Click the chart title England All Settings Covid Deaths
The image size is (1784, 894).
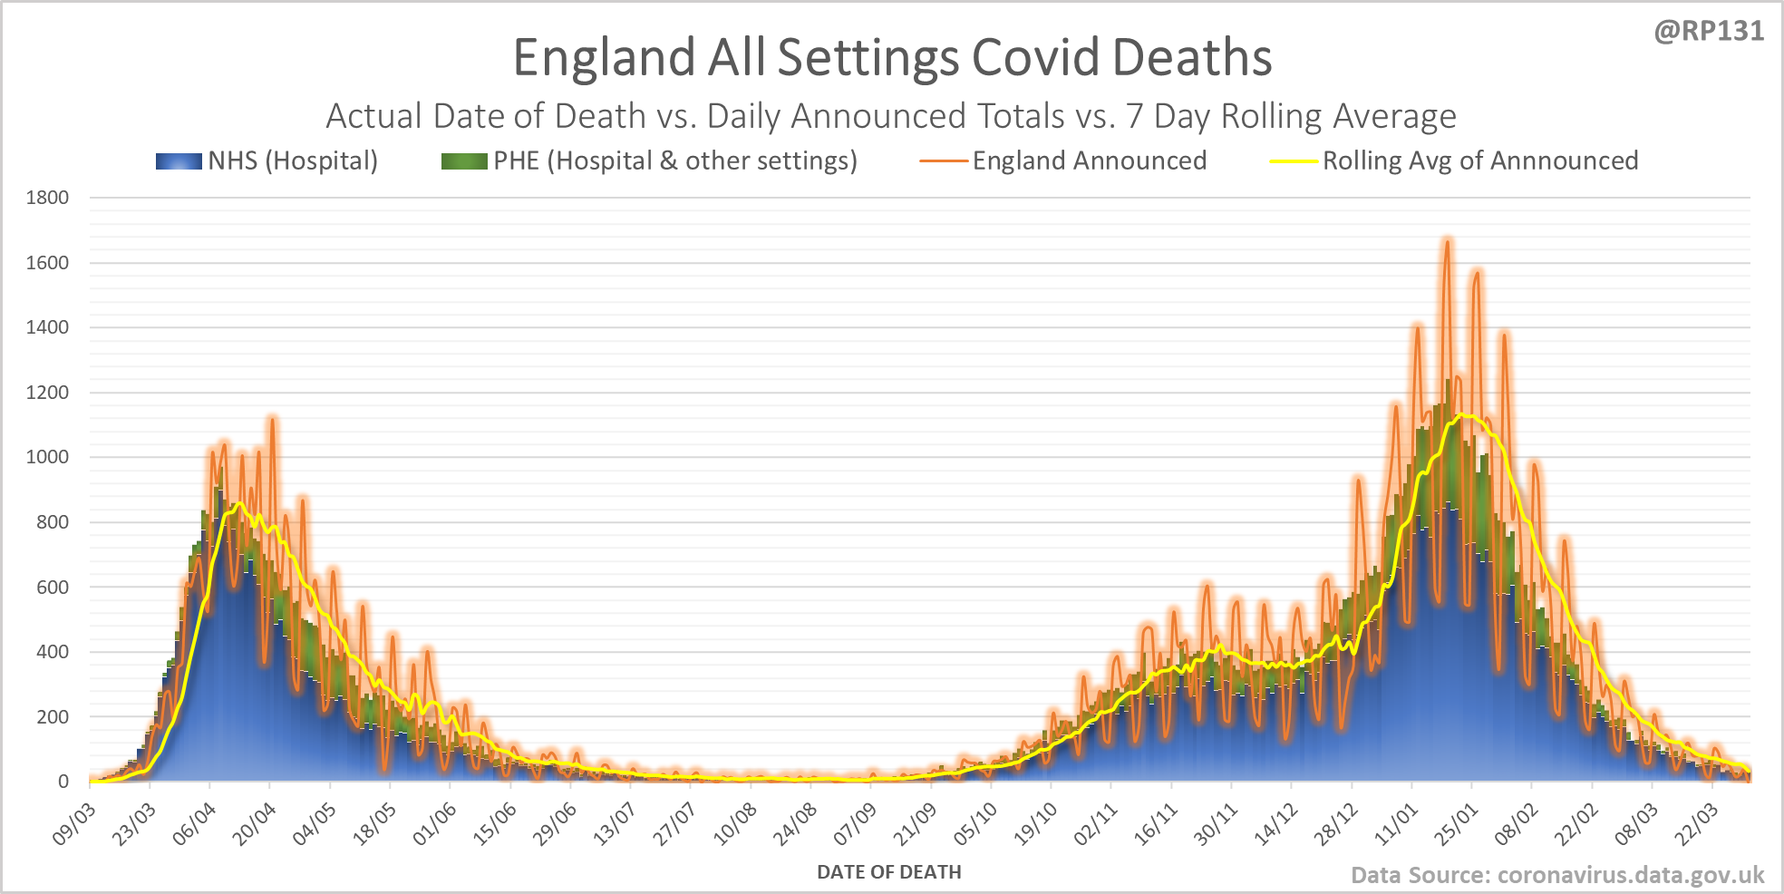pyautogui.click(x=892, y=57)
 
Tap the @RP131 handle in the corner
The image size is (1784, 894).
pyautogui.click(x=1709, y=32)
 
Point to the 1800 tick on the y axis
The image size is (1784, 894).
pyautogui.click(x=47, y=198)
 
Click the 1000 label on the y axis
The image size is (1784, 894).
pyautogui.click(x=47, y=457)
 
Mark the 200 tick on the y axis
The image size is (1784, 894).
pyautogui.click(x=51, y=717)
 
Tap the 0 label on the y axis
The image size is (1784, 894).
pyautogui.click(x=63, y=782)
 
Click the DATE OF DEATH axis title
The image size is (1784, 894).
pyautogui.click(x=888, y=872)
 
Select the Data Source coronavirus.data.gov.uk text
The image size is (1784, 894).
pyautogui.click(x=1556, y=875)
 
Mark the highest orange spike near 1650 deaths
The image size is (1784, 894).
pyautogui.click(x=1447, y=241)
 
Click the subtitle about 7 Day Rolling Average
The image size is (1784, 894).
pyautogui.click(x=890, y=116)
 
